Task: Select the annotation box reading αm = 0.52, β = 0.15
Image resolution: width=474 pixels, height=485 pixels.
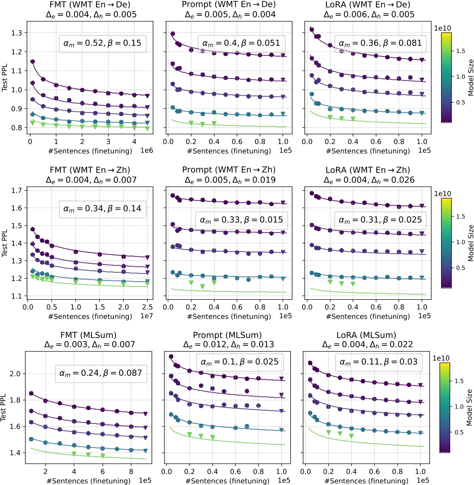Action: [x=102, y=43]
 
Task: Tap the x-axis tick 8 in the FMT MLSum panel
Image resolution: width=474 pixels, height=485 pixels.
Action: [x=131, y=472]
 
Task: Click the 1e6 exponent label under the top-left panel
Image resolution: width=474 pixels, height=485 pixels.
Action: [x=146, y=151]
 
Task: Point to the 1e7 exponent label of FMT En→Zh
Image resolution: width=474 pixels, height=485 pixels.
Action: [x=146, y=316]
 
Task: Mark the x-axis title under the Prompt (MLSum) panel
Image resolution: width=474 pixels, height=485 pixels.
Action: [x=227, y=481]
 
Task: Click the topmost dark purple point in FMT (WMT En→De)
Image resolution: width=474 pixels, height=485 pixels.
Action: [x=32, y=62]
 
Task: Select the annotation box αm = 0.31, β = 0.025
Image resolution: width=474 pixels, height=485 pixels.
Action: [x=380, y=220]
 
